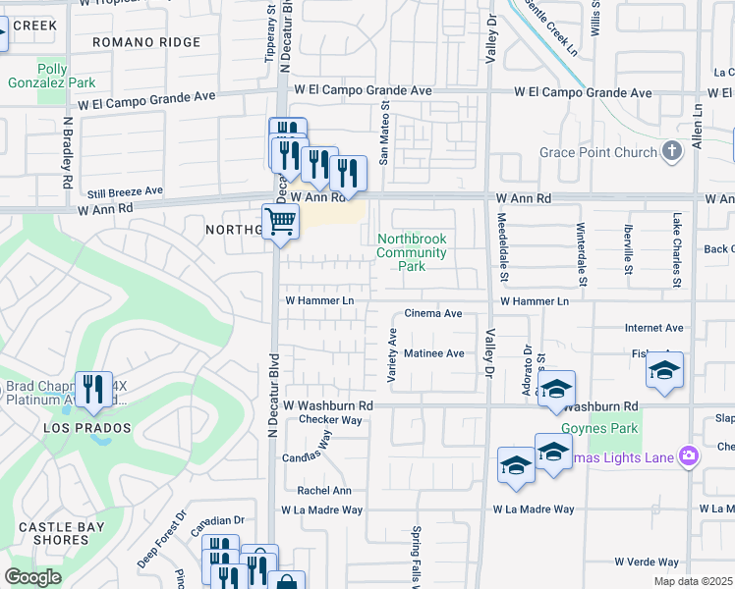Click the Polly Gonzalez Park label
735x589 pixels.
point(66,77)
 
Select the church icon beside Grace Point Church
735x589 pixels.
point(672,151)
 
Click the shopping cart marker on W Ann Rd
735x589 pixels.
point(281,222)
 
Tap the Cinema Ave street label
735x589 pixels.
point(433,314)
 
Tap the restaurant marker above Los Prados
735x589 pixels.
point(92,388)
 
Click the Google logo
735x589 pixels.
point(32,577)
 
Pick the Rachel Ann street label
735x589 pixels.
point(324,491)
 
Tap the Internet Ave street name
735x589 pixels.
point(653,327)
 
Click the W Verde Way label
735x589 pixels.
point(647,562)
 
